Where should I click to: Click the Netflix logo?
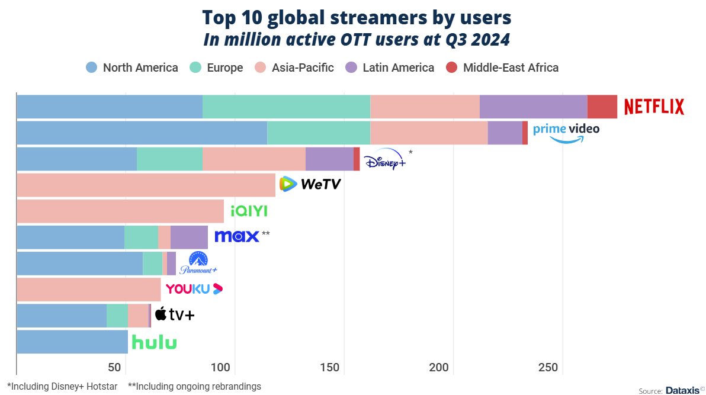[654, 107]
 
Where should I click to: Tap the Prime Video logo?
[566, 132]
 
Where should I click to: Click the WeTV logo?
[310, 185]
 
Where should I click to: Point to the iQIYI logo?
[249, 211]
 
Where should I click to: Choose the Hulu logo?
[154, 342]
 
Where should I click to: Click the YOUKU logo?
[194, 289]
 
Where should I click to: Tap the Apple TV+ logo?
[174, 315]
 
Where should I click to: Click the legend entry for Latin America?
[389, 68]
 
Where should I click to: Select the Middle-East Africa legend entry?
[502, 68]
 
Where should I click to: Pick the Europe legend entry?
[216, 68]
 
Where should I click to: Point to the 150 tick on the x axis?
[330, 368]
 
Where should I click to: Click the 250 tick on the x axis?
[548, 368]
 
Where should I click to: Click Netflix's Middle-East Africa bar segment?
[602, 107]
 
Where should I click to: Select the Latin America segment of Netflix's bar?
[533, 107]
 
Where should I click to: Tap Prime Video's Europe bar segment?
[319, 133]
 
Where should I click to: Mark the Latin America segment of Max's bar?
[189, 237]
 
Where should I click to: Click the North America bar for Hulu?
[72, 342]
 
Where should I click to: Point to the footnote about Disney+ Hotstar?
[62, 386]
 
